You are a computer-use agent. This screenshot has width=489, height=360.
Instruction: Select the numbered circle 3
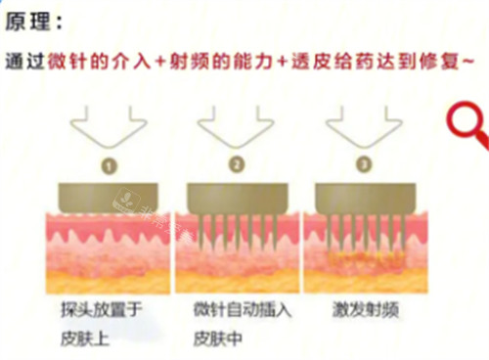[x=363, y=164]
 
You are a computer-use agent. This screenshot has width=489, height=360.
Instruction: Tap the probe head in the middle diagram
[x=235, y=193]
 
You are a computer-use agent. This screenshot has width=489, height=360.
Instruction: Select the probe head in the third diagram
[x=365, y=193]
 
